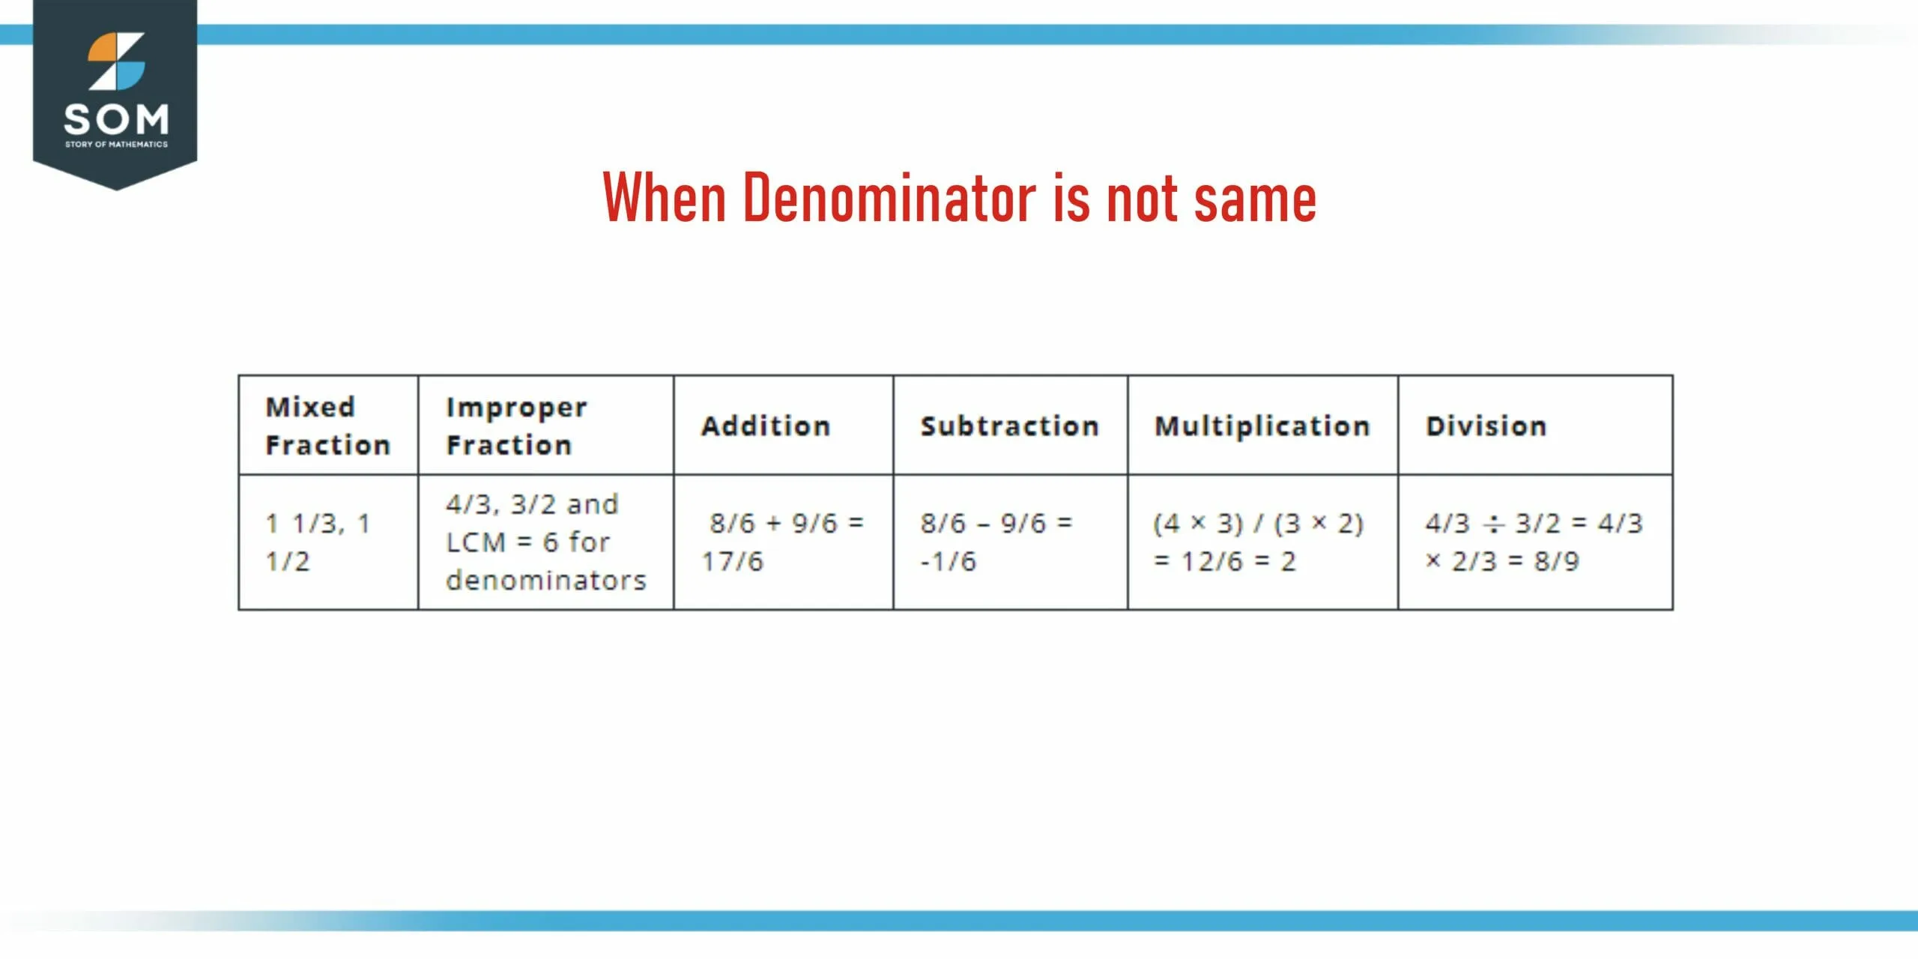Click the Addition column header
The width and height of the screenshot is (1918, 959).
point(766,426)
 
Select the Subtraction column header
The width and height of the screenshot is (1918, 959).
point(1009,426)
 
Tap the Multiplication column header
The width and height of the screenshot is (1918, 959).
point(1262,426)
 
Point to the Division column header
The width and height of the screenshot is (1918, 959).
point(1486,426)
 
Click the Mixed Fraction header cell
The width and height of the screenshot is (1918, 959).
point(327,426)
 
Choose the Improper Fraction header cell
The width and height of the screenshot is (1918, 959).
point(516,426)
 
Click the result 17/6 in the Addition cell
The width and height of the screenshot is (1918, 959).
point(732,561)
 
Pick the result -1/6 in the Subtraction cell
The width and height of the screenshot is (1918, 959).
point(948,561)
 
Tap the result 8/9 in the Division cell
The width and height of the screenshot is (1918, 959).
point(1556,561)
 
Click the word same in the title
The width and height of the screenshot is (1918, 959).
point(1255,199)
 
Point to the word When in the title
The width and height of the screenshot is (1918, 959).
point(664,198)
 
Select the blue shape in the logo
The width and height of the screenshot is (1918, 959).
point(127,75)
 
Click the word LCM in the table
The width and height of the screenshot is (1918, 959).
point(476,542)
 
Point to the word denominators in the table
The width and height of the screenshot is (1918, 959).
point(545,580)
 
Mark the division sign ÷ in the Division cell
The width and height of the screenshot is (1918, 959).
point(1492,524)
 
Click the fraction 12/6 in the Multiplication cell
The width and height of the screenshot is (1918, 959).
point(1211,561)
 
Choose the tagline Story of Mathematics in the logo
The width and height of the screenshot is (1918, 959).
point(116,144)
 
